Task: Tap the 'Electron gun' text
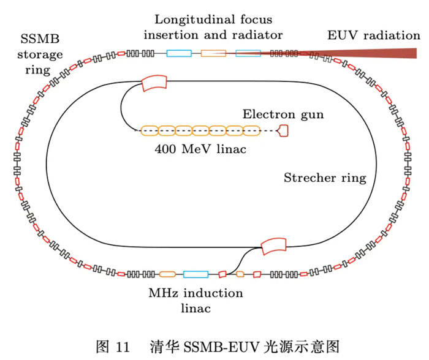tap(283, 114)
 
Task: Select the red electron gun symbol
tap(284, 130)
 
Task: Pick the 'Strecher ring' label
tap(325, 178)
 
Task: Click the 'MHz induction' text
tap(195, 293)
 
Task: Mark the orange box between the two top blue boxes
tap(214, 54)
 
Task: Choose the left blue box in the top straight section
tap(179, 54)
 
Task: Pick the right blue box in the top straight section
tap(248, 54)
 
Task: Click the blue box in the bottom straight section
tap(196, 274)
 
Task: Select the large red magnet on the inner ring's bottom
tap(273, 246)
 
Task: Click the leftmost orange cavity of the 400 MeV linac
tap(150, 130)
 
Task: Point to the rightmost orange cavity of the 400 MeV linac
tap(252, 130)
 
